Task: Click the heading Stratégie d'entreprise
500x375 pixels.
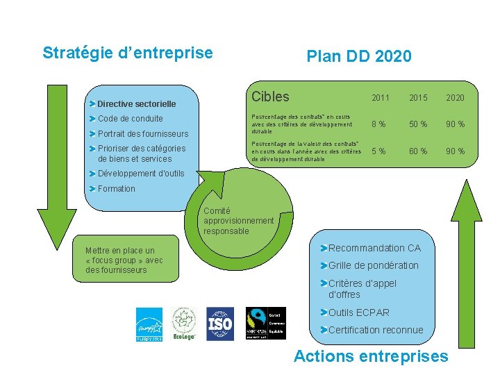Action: (128, 53)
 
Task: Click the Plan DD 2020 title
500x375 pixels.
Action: (359, 56)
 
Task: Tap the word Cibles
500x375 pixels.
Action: (270, 97)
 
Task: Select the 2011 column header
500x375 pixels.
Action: (381, 98)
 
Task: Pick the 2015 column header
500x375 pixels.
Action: (418, 98)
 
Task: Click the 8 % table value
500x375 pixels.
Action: (378, 124)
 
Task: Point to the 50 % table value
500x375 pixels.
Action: (418, 124)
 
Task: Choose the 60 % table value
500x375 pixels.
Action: (418, 151)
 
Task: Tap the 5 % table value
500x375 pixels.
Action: (378, 151)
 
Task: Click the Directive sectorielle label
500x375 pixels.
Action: (136, 103)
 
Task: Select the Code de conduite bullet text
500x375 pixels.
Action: (131, 119)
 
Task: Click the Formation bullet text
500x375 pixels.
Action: (117, 189)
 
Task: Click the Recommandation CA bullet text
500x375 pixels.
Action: (374, 248)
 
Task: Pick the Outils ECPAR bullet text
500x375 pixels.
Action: (358, 312)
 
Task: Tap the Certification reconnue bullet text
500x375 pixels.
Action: (375, 330)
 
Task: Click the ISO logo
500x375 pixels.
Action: (219, 324)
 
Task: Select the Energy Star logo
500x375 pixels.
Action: (149, 324)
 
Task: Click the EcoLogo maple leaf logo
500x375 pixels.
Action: (184, 324)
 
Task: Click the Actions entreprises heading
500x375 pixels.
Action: (371, 357)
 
